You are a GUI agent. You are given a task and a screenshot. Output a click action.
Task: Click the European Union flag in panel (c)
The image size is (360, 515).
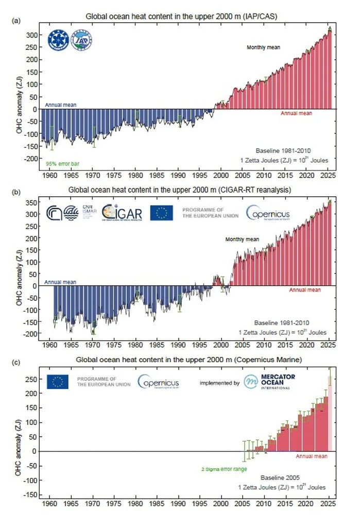coord(57,382)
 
